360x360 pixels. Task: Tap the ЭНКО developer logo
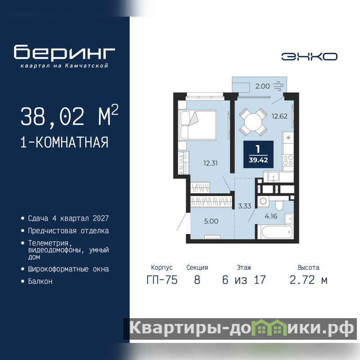(x=309, y=57)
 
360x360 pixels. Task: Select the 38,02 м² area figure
(x=69, y=116)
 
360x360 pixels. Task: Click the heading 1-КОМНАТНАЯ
(x=64, y=142)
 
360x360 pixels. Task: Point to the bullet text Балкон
(x=40, y=281)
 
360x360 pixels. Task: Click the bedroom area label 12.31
(x=210, y=163)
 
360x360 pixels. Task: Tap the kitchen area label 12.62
(x=279, y=116)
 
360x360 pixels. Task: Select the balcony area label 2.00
(x=262, y=86)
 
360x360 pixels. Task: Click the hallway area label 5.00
(x=211, y=221)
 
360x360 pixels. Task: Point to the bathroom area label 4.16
(x=271, y=216)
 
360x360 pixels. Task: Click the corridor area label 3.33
(x=244, y=206)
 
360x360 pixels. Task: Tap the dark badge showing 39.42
(x=258, y=154)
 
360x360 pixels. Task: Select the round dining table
(x=253, y=122)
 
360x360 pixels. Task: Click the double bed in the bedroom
(x=198, y=125)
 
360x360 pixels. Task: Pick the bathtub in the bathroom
(x=275, y=232)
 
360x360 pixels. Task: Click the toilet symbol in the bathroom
(x=279, y=204)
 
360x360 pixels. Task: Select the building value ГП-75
(x=162, y=280)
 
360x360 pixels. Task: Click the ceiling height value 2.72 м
(x=309, y=280)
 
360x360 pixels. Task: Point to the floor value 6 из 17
(x=244, y=280)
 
